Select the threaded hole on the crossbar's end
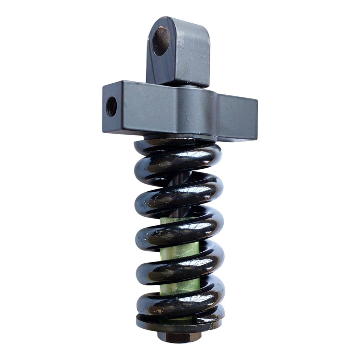click(x=112, y=107)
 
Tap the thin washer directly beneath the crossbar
click(x=179, y=137)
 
